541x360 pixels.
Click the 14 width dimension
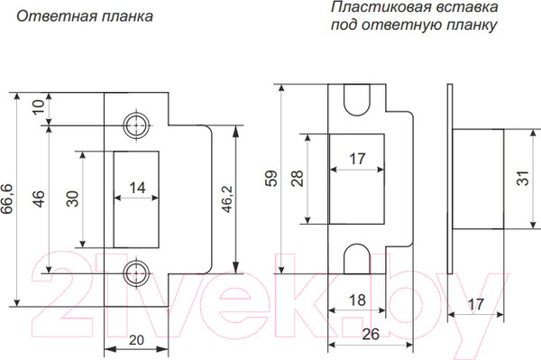pos(137,189)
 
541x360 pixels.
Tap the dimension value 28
pos(298,178)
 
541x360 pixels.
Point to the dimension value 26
pos(371,335)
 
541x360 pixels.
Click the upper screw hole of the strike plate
pos(137,125)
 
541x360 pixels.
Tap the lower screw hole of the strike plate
pos(137,271)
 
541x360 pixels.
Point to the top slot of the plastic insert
pos(358,100)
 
